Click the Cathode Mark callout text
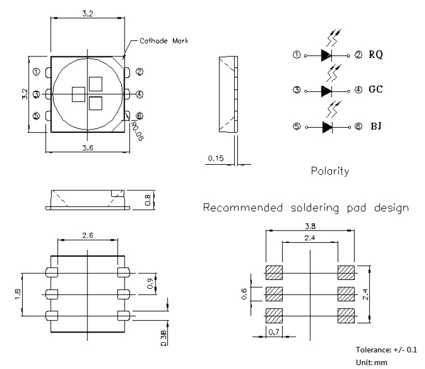(x=164, y=41)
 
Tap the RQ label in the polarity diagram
(x=376, y=55)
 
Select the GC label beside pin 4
(x=376, y=89)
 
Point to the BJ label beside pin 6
(x=376, y=126)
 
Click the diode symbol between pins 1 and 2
(x=326, y=55)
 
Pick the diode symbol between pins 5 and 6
(x=327, y=127)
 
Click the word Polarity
(x=330, y=171)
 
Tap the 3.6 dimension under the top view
(x=87, y=148)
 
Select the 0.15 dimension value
(x=216, y=158)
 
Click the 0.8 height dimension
(x=148, y=200)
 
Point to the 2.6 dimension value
(x=88, y=235)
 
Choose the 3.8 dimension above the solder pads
(x=310, y=226)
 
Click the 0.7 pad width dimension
(x=274, y=332)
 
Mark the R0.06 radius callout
(x=137, y=131)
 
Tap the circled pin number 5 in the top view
(x=36, y=116)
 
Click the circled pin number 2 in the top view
(x=139, y=72)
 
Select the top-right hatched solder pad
(x=346, y=273)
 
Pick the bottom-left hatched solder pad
(x=274, y=316)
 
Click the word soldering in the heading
(x=315, y=208)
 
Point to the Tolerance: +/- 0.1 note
(x=386, y=350)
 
